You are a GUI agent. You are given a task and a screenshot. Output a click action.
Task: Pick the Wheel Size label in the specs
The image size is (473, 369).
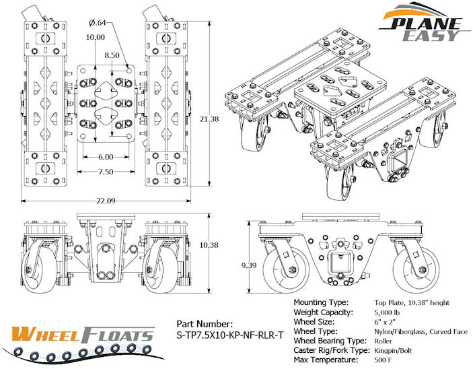(319, 323)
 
